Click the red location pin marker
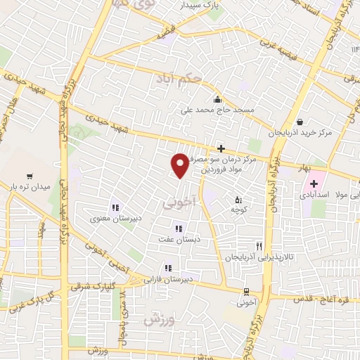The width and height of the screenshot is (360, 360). pos(180,165)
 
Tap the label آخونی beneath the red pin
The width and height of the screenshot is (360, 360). pos(177,202)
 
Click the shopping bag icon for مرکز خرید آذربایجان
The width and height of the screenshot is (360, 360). pos(300,121)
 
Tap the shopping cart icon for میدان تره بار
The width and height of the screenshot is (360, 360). pos(30,176)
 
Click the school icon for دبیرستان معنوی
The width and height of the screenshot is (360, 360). pos(115,207)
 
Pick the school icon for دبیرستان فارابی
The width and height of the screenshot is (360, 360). pos(167,268)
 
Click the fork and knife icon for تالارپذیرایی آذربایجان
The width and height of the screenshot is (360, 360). pos(259,246)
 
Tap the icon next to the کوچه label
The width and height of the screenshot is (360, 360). pos(238,199)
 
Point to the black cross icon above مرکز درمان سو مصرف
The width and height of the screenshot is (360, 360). pos(221,148)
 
